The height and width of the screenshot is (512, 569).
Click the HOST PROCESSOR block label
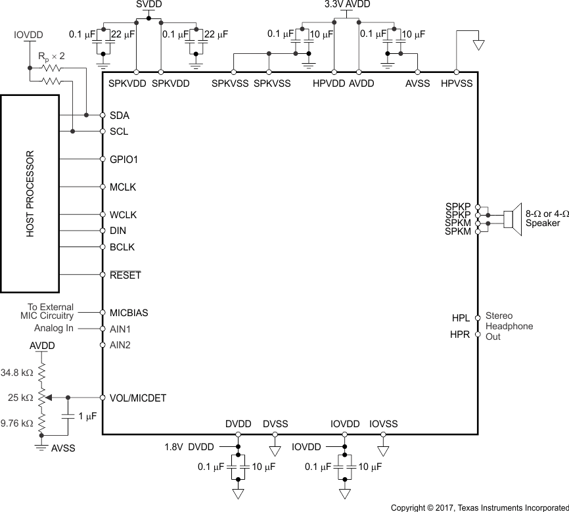[30, 194]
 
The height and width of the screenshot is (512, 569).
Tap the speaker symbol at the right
[512, 218]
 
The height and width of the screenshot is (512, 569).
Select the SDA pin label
[120, 116]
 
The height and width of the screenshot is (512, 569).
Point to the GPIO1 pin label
[124, 160]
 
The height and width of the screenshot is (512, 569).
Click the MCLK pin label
[123, 187]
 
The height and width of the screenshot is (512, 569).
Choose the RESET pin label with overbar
[125, 275]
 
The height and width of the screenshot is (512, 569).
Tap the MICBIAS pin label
[129, 313]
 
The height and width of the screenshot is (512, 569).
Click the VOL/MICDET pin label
[138, 398]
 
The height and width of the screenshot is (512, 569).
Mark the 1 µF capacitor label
[88, 417]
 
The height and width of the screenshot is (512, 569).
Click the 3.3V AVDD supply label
[347, 5]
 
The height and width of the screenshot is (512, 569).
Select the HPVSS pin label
[456, 84]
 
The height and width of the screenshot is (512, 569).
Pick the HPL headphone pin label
[461, 318]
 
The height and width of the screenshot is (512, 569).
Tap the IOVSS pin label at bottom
[383, 425]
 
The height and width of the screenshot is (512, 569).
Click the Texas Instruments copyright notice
[480, 507]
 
